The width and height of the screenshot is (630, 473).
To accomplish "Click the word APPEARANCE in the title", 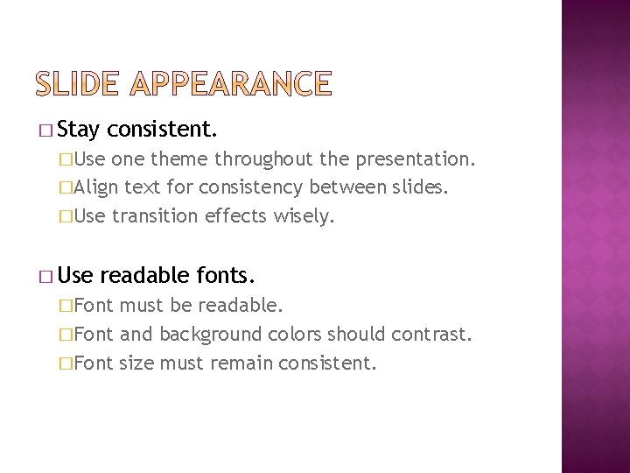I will [x=229, y=84].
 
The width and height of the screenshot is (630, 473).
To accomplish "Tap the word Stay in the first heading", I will [x=83, y=131].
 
